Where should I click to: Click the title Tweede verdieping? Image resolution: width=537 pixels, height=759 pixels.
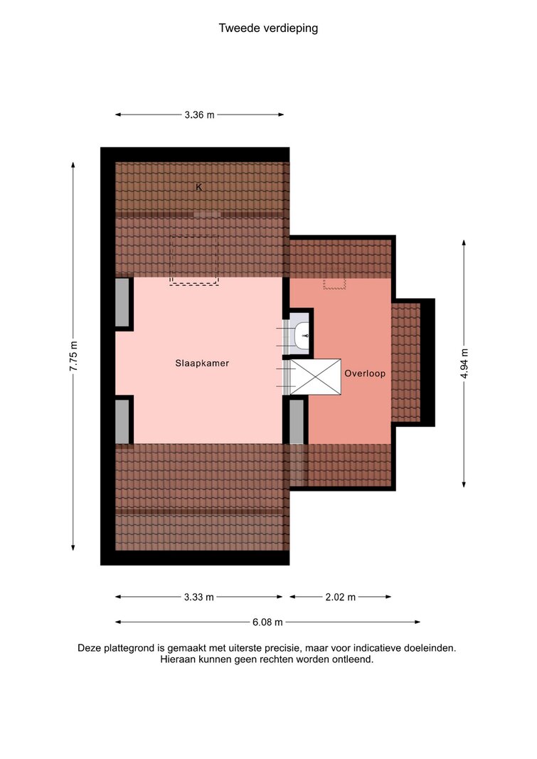pyautogui.click(x=268, y=28)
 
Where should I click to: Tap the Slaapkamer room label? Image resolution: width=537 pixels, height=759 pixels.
pyautogui.click(x=202, y=363)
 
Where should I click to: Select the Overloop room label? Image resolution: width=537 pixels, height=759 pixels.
pyautogui.click(x=365, y=373)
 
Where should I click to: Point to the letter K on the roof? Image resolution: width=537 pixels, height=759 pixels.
pyautogui.click(x=199, y=187)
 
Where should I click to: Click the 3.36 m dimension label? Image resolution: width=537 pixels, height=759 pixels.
pyautogui.click(x=199, y=115)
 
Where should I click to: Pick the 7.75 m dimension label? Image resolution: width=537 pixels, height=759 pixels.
pyautogui.click(x=73, y=356)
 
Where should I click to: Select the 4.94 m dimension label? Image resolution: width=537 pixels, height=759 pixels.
pyautogui.click(x=464, y=363)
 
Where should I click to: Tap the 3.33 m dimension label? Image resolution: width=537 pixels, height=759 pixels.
pyautogui.click(x=199, y=597)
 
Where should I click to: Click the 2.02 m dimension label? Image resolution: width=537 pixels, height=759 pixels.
pyautogui.click(x=340, y=597)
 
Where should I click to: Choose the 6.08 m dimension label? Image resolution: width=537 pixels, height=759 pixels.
pyautogui.click(x=267, y=622)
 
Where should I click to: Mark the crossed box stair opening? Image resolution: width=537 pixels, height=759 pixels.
pyautogui.click(x=315, y=376)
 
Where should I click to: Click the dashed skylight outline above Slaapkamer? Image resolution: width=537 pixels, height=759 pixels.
pyautogui.click(x=194, y=260)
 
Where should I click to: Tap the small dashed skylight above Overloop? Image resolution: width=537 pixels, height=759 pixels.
pyautogui.click(x=334, y=284)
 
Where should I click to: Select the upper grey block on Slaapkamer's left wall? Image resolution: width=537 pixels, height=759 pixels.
pyautogui.click(x=122, y=302)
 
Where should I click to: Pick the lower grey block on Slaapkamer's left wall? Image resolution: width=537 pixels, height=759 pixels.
pyautogui.click(x=122, y=421)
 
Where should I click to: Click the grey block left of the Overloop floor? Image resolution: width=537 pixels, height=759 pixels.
pyautogui.click(x=297, y=421)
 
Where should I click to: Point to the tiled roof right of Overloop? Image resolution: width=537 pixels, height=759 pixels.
pyautogui.click(x=405, y=362)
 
